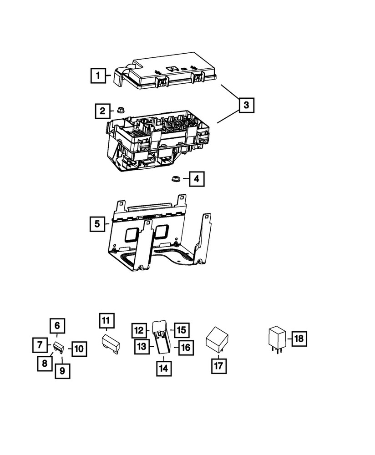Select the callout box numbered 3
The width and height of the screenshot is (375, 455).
246,106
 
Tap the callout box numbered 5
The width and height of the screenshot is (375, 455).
97,224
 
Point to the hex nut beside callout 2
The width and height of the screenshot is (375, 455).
121,110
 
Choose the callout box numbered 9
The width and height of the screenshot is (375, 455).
62,371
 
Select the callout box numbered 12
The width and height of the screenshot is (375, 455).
140,329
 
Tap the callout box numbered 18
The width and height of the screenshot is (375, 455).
299,339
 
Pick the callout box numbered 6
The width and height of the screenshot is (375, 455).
57,326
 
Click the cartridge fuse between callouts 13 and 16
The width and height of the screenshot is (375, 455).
162,339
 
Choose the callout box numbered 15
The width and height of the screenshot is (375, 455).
182,329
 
